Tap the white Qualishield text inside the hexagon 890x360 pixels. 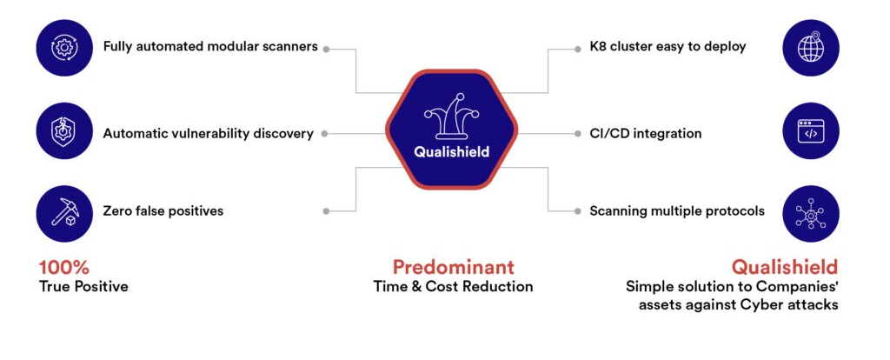[x=451, y=152]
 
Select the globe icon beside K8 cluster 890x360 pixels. [x=811, y=48]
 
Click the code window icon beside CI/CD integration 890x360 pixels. [x=811, y=131]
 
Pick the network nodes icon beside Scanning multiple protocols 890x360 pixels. [x=811, y=214]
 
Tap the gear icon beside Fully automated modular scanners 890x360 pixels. [x=64, y=48]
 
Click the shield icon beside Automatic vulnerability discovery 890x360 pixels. [x=64, y=131]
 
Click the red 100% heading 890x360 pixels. [x=63, y=268]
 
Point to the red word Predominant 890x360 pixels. [x=453, y=267]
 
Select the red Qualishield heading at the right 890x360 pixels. [x=785, y=267]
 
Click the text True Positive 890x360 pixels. [x=83, y=286]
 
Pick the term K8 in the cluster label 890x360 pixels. [x=598, y=47]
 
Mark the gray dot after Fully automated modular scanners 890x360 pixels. [x=327, y=50]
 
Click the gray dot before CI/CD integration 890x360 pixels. [x=578, y=134]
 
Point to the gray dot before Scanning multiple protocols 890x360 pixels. [x=578, y=211]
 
